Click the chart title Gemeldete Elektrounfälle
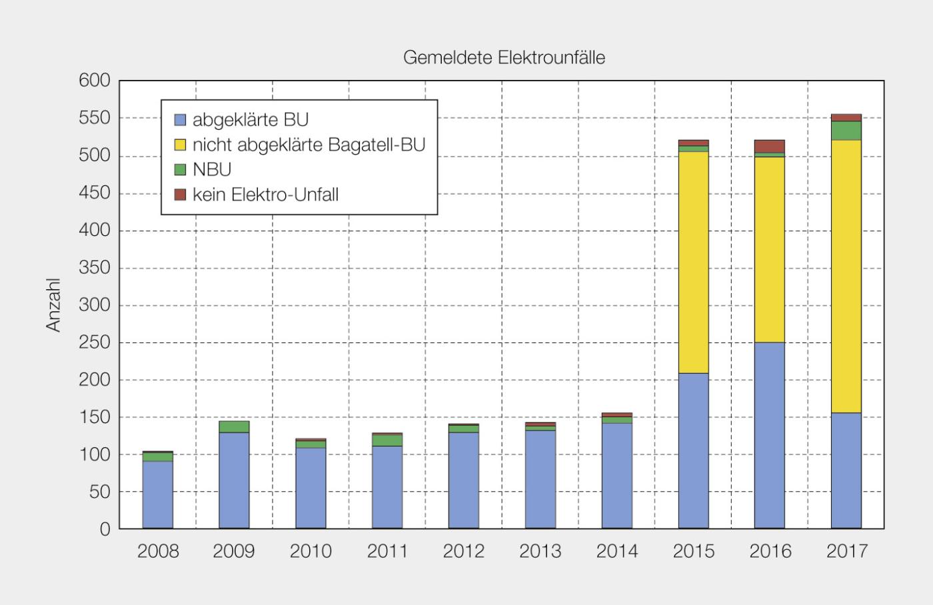click(504, 58)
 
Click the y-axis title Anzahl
click(53, 305)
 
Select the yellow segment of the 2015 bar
click(693, 262)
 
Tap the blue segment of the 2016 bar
click(769, 435)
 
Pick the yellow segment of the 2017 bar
click(846, 276)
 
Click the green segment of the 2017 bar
click(846, 131)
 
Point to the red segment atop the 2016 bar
click(769, 146)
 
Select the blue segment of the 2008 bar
click(158, 494)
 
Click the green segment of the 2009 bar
click(234, 426)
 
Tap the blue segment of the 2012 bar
click(464, 480)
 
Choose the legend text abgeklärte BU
click(251, 120)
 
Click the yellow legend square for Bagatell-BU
click(180, 145)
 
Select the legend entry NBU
click(212, 170)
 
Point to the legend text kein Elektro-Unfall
click(265, 195)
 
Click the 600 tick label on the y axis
click(94, 81)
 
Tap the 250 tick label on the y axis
click(94, 343)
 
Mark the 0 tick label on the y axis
click(105, 529)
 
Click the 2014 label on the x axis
click(616, 552)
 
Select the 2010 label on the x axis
click(311, 552)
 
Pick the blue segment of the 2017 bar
click(846, 470)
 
